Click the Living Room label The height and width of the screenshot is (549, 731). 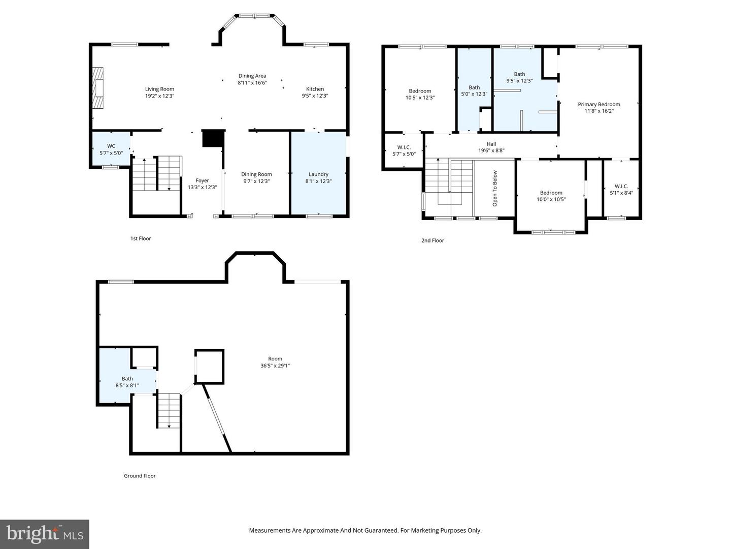pos(159,89)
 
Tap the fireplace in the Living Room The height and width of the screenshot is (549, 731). pos(97,87)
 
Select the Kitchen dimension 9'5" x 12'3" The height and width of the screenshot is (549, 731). pos(315,96)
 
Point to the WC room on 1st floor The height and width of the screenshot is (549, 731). pos(111,149)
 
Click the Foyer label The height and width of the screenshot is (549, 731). pos(202,180)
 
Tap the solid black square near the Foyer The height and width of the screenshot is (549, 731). pos(213,138)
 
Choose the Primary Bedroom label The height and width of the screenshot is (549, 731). pos(599,104)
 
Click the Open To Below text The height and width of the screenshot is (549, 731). pos(495,188)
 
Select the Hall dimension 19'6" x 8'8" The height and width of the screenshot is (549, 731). pos(491,150)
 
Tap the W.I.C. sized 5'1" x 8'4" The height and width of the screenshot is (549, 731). pos(621,190)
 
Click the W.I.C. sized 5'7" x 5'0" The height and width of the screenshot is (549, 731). pos(404,150)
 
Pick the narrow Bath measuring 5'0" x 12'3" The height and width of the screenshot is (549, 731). pos(474,90)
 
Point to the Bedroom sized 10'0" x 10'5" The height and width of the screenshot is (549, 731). pos(551,196)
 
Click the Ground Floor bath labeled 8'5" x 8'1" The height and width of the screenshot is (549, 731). pos(127,382)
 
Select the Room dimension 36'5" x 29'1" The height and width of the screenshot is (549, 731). pos(275,365)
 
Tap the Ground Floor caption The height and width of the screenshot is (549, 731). pos(140,476)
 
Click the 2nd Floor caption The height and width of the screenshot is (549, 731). pos(433,240)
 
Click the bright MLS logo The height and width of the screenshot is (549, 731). pos(45,534)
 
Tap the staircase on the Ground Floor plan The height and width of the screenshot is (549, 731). pos(169,411)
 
